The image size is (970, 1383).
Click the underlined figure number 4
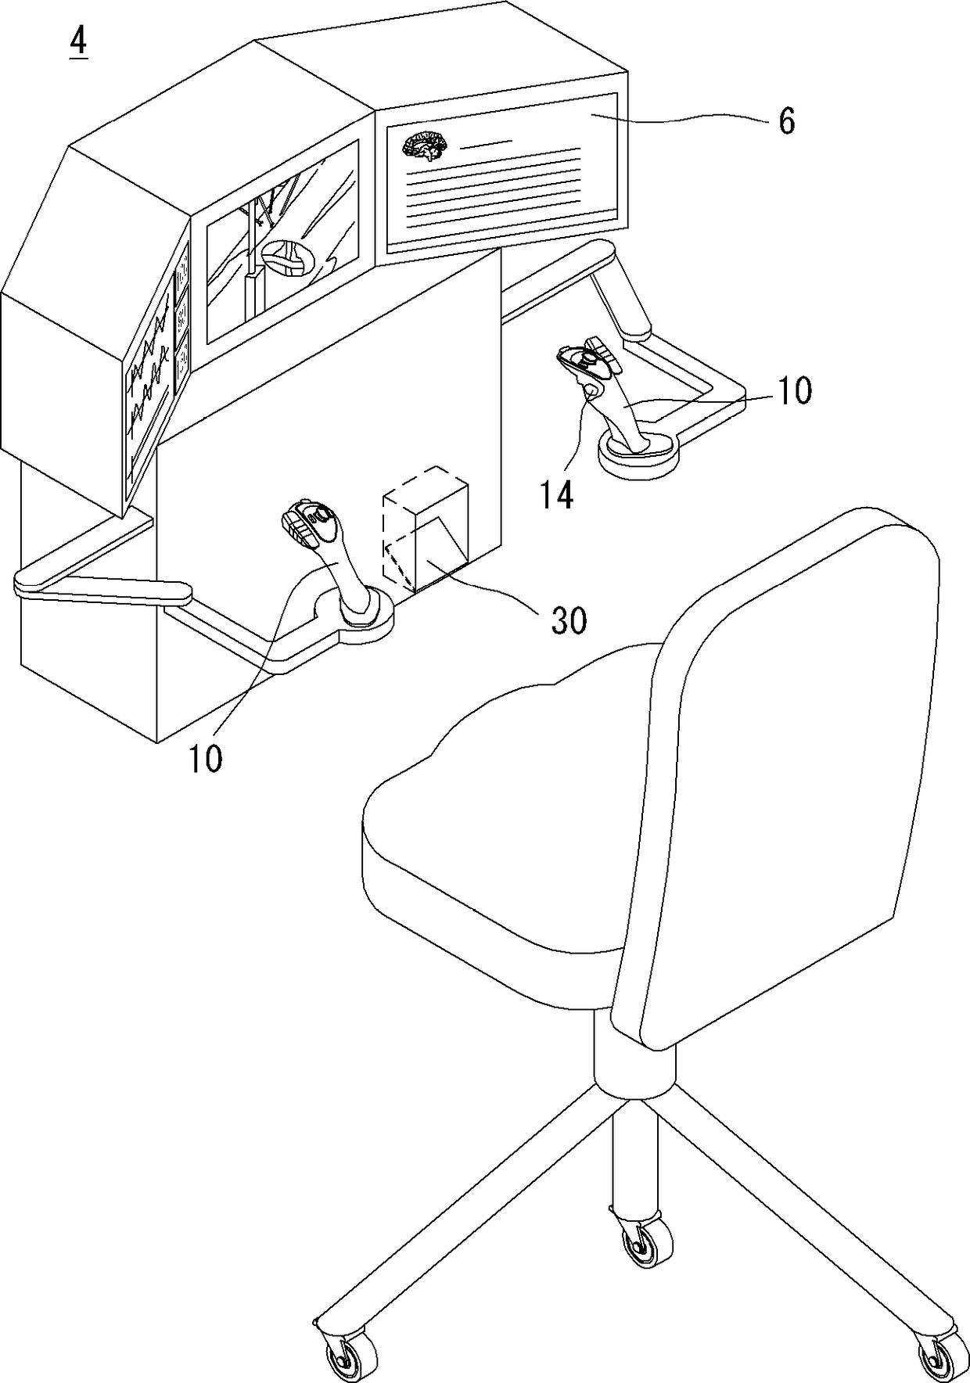click(x=78, y=43)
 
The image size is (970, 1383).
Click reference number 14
click(x=556, y=494)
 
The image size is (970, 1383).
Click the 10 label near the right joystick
click(x=794, y=390)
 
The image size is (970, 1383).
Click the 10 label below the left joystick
click(x=205, y=758)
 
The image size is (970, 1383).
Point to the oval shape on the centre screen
click(x=286, y=257)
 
